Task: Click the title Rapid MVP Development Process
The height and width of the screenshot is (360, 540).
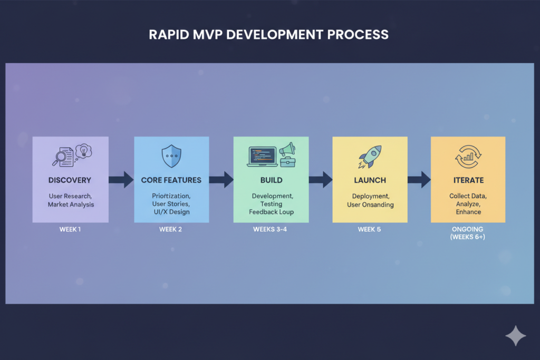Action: point(269,35)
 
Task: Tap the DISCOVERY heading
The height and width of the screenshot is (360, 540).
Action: point(70,180)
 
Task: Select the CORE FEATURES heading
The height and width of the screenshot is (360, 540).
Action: point(171,180)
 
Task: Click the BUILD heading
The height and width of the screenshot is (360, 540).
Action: point(271,180)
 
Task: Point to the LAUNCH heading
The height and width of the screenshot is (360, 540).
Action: point(370,180)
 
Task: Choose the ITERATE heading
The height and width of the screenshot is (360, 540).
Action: point(468,180)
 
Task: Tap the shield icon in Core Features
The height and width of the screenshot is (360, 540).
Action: point(171,157)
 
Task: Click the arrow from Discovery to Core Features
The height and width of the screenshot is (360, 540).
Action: point(121,180)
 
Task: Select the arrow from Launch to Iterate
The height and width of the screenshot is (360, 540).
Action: point(419,180)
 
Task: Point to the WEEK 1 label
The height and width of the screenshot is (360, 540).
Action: point(70,230)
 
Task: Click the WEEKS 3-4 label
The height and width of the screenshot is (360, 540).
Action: point(271,230)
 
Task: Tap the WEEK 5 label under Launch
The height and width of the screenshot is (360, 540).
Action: point(370,230)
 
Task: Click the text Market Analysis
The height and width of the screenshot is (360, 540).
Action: point(70,205)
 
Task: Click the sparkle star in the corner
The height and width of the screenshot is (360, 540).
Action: point(515,336)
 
